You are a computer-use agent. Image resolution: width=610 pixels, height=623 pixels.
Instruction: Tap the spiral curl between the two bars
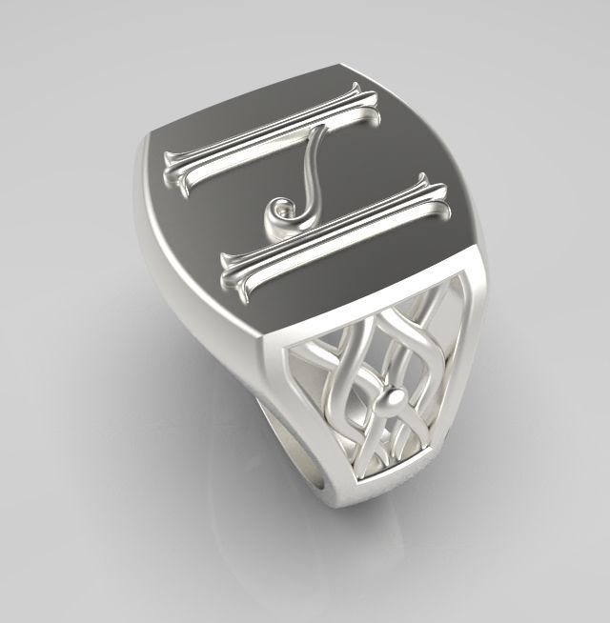pyautogui.click(x=282, y=211)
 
